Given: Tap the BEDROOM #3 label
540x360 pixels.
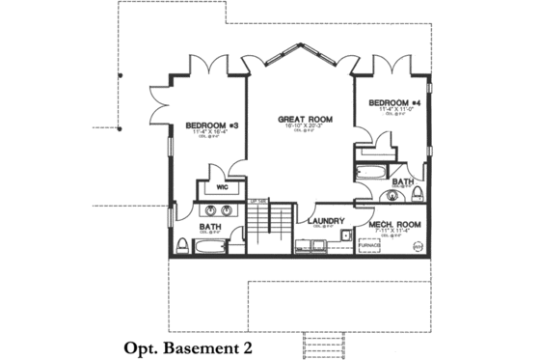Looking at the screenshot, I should point(210,125).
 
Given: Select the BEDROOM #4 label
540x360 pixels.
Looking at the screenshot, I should point(393,102).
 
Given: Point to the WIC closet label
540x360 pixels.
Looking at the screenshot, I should point(221,187).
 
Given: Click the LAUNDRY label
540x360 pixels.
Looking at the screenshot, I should point(326,221).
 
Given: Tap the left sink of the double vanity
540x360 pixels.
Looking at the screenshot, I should point(206,210).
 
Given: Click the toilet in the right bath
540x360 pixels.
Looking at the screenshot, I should point(417,194).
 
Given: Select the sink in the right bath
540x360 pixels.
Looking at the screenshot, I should point(392,195).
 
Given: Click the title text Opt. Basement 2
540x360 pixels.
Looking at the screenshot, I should point(188,346).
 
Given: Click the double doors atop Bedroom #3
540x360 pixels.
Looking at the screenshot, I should point(209,68).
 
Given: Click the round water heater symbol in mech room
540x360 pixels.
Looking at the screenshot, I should point(418,247).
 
